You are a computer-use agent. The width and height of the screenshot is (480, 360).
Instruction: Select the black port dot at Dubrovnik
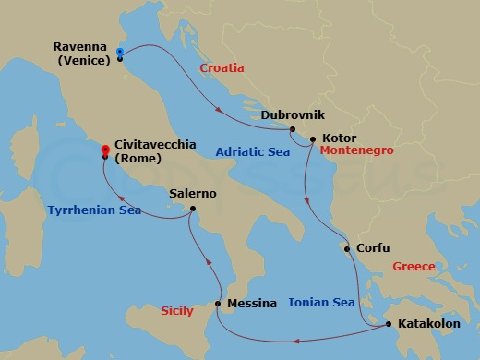(x=292, y=129)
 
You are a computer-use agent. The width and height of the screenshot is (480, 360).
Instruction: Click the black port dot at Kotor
(x=314, y=139)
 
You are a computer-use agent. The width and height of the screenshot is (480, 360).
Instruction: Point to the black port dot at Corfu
(x=346, y=249)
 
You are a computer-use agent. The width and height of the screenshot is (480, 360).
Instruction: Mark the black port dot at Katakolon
(x=388, y=324)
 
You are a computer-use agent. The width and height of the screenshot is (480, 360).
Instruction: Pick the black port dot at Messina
(x=218, y=304)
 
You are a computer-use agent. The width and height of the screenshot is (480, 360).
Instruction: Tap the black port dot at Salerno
(x=192, y=209)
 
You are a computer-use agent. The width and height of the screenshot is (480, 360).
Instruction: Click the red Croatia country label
(x=222, y=68)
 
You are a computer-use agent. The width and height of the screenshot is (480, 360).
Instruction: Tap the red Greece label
(x=414, y=267)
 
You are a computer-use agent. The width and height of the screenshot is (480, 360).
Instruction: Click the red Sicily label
(x=178, y=311)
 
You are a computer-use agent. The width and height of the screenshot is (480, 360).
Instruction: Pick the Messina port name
(x=252, y=304)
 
